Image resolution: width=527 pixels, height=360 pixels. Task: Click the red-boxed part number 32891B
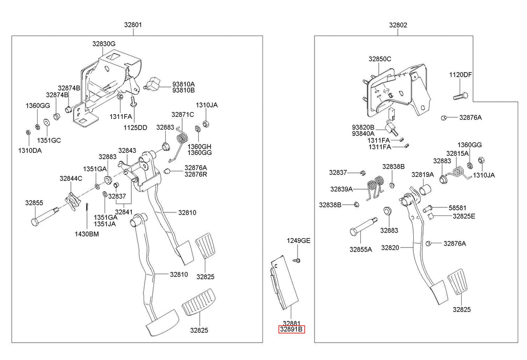coord(292,330)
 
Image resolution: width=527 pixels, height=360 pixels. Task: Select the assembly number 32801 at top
coord(133,25)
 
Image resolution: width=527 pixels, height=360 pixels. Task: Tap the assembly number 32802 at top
coord(398,25)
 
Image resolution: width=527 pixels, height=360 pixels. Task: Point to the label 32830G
coord(104,44)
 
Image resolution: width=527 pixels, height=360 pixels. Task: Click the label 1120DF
coord(461,75)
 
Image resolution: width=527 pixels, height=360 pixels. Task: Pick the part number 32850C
coord(380,59)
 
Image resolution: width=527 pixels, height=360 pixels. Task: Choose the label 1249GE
coord(298,241)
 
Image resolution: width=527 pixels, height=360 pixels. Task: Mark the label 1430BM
coord(86,234)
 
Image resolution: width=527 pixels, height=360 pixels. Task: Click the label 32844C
coord(71,178)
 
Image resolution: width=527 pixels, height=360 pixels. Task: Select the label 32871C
coord(183,115)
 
